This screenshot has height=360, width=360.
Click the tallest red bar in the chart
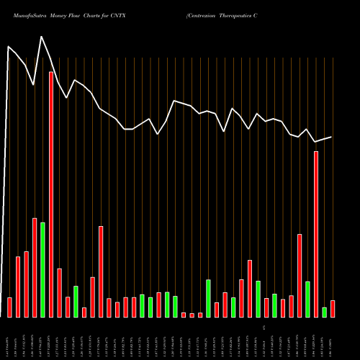(51, 194)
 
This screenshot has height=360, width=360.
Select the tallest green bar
(42, 270)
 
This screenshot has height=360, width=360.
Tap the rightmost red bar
(333, 309)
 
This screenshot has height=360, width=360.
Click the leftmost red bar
(10, 307)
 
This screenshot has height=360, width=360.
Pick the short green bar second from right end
(324, 312)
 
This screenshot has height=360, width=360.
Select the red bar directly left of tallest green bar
(35, 268)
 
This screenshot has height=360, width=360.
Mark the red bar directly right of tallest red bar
(60, 293)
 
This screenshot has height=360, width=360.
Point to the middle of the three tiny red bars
(192, 315)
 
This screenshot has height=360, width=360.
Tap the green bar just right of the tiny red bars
(208, 299)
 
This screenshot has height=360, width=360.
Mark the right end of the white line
(332, 137)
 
